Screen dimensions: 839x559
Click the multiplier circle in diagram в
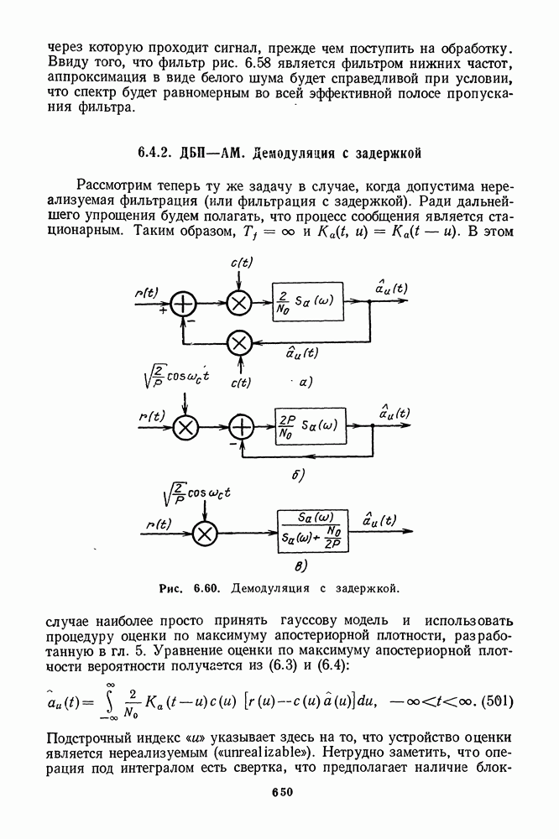click(205, 533)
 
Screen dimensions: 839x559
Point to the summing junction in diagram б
click(242, 427)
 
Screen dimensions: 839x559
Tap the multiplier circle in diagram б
click(185, 427)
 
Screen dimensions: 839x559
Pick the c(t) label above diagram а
click(241, 263)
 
